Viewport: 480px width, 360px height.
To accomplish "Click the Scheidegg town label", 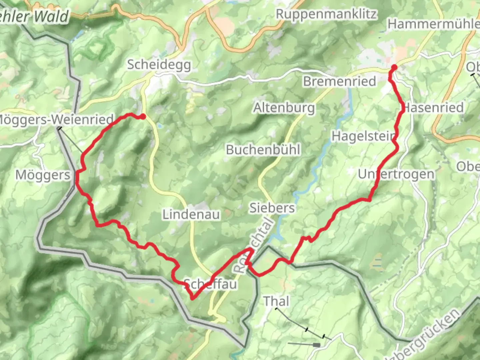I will click(x=159, y=65).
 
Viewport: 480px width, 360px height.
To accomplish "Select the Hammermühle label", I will click(x=433, y=24).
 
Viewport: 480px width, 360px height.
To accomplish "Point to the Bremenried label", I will click(x=339, y=81).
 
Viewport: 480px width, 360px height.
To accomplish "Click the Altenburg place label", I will click(x=284, y=108).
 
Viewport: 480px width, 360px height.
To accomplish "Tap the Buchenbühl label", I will click(x=263, y=150).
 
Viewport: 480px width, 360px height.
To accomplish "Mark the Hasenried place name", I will click(x=433, y=108).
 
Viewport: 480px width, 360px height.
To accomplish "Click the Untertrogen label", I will click(x=396, y=174).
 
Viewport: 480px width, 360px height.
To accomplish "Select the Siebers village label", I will click(x=272, y=208).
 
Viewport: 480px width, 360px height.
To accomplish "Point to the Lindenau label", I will click(x=191, y=214).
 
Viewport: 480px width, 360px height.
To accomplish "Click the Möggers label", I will click(x=43, y=175).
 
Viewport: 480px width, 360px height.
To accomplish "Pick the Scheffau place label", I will click(x=211, y=284).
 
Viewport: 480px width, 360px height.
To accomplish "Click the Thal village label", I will click(x=276, y=301).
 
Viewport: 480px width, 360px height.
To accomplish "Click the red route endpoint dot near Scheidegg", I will click(x=143, y=116).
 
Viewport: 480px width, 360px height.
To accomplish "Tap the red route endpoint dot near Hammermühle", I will click(x=394, y=68).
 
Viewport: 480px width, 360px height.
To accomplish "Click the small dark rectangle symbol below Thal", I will click(x=316, y=345).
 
